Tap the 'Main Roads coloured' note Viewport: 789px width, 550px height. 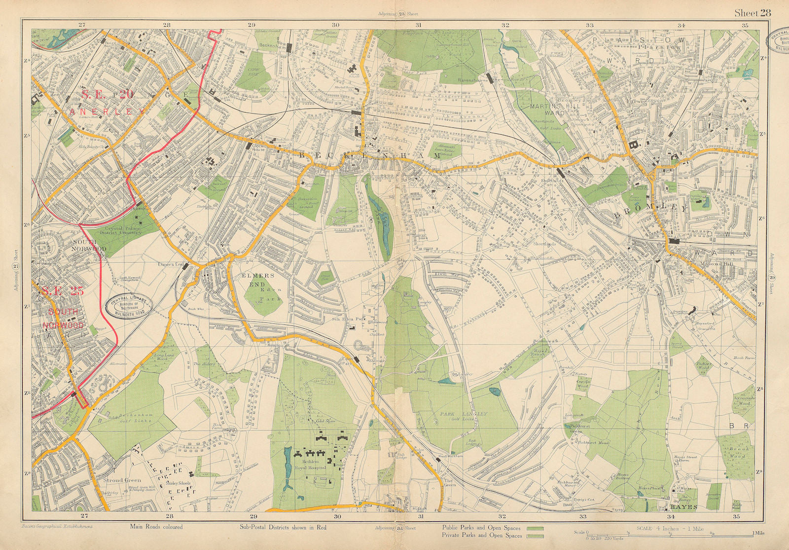tap(156, 527)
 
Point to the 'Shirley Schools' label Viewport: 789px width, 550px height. tap(179, 483)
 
